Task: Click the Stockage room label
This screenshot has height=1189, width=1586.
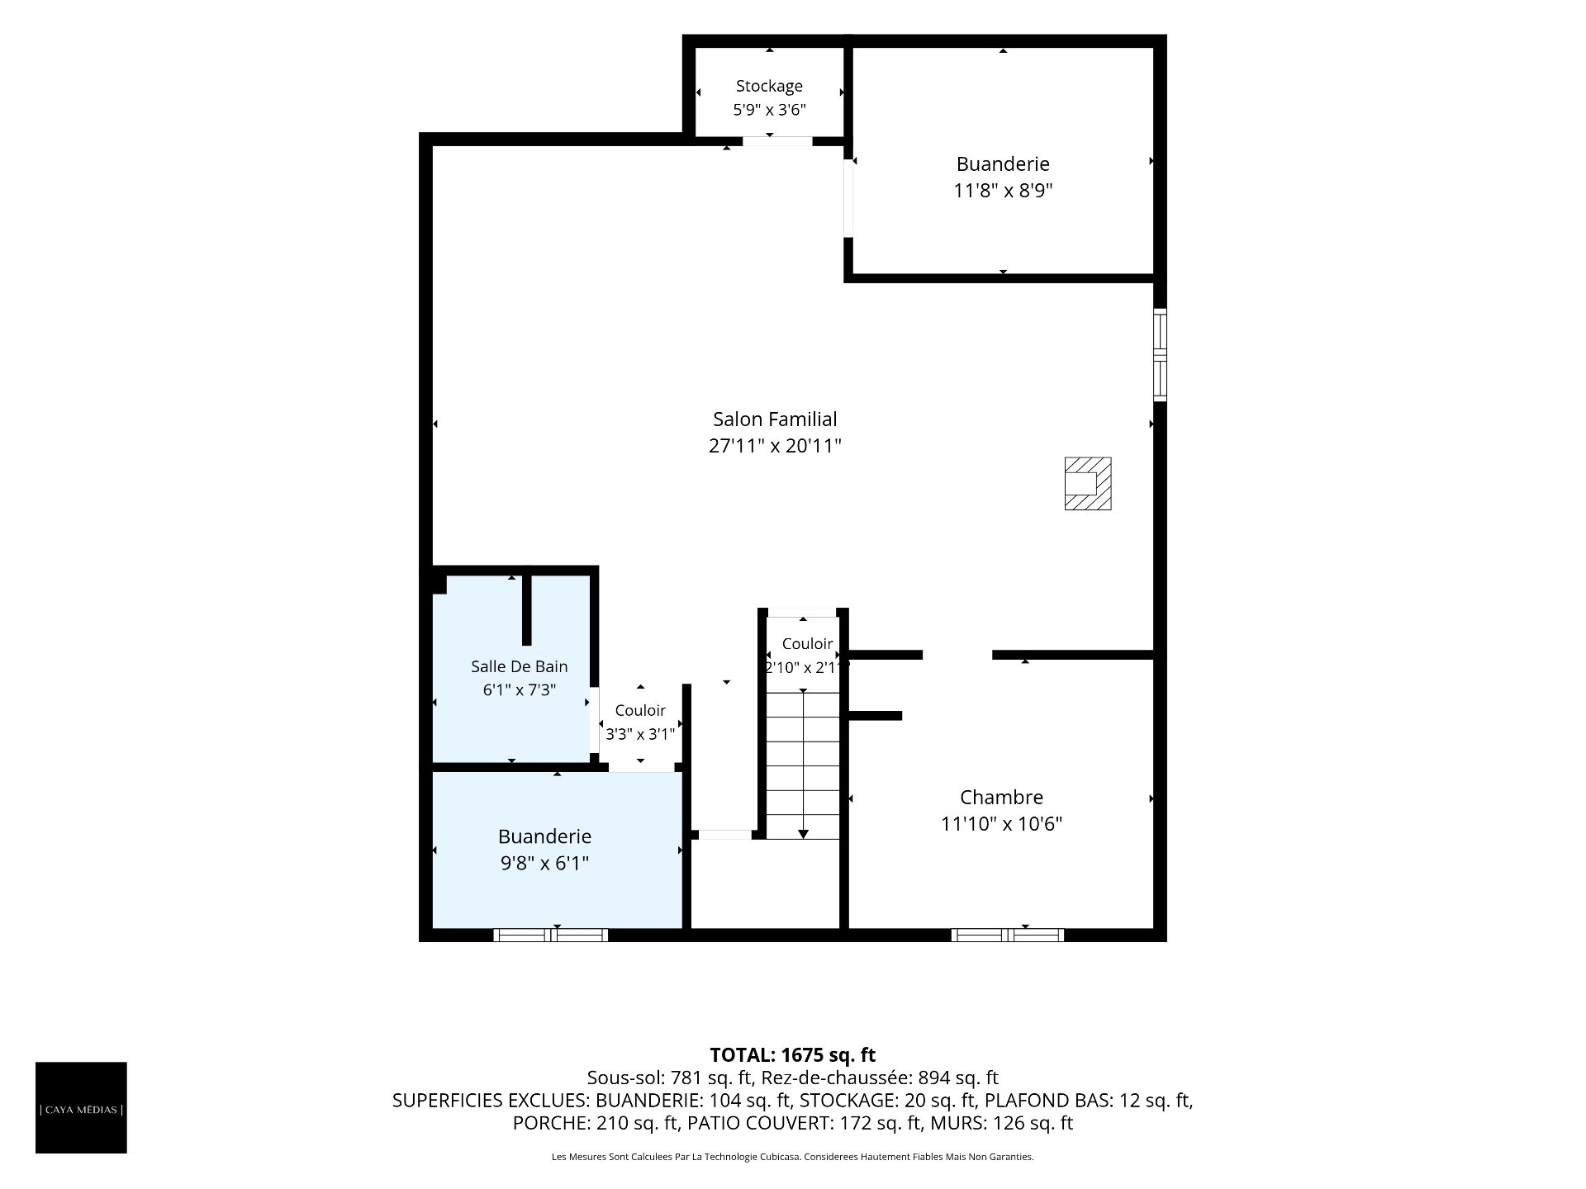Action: coord(769,86)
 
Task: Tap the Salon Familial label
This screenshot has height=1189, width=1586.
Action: coord(775,419)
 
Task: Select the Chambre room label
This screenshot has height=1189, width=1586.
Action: coord(1001,798)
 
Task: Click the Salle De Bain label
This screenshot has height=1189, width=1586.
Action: coord(519,666)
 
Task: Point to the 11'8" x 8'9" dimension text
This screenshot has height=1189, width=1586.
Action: coord(1003,191)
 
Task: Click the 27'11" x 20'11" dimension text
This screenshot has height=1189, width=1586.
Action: coord(775,446)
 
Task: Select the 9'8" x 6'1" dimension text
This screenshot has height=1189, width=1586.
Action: coord(544,864)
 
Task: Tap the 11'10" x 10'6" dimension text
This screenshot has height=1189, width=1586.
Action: coord(1001,824)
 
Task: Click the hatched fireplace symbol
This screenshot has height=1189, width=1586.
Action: coord(1087,483)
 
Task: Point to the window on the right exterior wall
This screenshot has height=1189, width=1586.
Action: coord(1160,355)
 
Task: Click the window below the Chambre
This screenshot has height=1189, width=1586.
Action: coord(1007,935)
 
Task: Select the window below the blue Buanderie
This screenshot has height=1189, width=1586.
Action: coord(551,935)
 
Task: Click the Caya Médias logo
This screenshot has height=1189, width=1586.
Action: coord(81,1107)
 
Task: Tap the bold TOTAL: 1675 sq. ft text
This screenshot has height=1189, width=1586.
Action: coord(793,1054)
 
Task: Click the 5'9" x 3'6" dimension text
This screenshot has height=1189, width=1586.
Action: coord(769,110)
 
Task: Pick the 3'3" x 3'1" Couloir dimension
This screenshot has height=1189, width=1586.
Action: coord(640,733)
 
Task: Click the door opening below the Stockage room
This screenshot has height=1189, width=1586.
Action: coord(777,141)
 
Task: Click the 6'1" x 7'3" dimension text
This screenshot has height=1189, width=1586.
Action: coord(519,690)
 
